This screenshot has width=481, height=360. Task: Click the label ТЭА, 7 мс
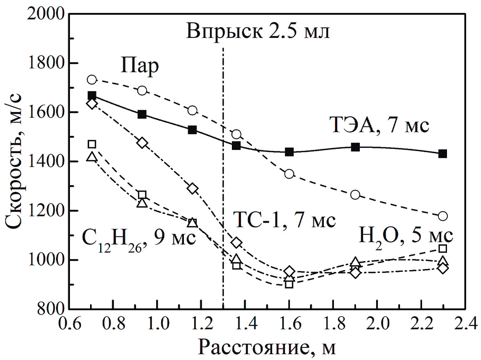381,125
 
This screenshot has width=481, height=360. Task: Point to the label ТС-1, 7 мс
285,221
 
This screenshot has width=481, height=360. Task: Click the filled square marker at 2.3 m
443,154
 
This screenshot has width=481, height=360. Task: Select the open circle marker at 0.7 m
92,79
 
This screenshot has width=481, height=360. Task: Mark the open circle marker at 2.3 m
443,216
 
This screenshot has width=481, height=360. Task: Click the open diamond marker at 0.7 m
92,103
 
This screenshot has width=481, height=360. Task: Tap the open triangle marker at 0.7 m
92,157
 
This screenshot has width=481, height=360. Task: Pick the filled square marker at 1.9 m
355,147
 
